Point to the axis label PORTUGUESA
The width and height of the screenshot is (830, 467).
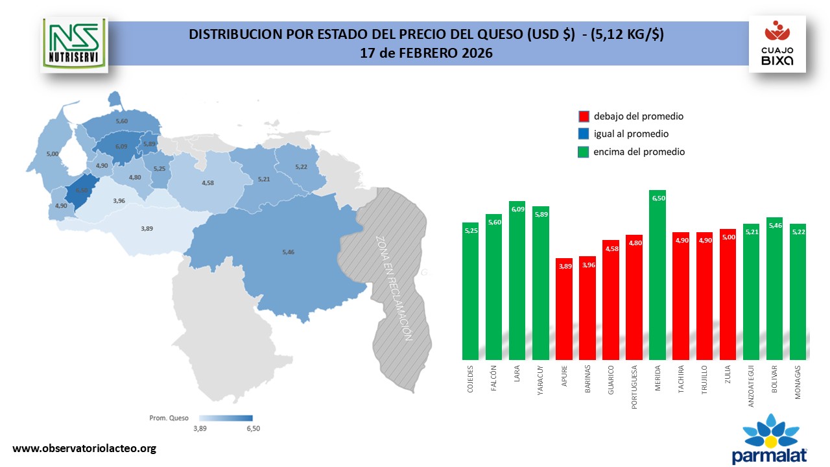(635, 389)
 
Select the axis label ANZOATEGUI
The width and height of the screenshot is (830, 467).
(752, 386)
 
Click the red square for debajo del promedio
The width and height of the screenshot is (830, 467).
(584, 117)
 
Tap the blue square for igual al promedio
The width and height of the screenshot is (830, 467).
(584, 134)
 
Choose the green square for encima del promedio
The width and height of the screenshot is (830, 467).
(584, 152)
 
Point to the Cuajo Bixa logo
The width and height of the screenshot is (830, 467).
(777, 44)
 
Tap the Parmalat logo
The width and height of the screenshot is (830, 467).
(770, 440)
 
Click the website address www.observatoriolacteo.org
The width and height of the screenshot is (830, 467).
(85, 448)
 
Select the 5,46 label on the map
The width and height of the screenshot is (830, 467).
(289, 251)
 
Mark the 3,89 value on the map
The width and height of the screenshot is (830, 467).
(147, 228)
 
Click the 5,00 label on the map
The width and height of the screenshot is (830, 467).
(53, 154)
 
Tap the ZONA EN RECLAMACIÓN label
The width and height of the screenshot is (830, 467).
(393, 287)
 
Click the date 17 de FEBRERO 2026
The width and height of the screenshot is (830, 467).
(426, 53)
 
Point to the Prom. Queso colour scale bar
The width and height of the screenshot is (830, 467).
(226, 418)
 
